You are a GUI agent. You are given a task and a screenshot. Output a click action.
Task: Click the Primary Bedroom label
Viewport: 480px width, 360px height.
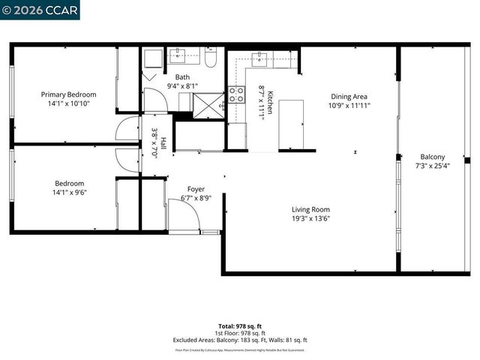(68, 94)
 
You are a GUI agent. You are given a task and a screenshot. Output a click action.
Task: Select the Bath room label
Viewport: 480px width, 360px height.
(182, 77)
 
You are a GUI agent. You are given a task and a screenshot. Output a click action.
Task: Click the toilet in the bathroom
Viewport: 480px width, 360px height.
(211, 58)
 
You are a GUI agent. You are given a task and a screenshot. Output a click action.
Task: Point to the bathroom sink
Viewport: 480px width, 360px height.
(180, 54)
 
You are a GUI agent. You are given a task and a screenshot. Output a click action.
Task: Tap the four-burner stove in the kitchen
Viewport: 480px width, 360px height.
(236, 94)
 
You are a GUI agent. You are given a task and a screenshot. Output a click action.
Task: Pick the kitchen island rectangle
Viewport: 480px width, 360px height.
(291, 124)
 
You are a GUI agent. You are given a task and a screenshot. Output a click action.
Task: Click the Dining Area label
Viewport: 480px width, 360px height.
(349, 96)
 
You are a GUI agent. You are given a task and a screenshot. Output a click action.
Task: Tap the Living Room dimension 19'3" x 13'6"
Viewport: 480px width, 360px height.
(310, 219)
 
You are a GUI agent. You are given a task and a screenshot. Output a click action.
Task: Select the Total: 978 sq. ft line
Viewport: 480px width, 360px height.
(240, 326)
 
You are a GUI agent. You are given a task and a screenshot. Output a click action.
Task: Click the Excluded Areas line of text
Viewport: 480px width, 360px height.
(240, 340)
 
